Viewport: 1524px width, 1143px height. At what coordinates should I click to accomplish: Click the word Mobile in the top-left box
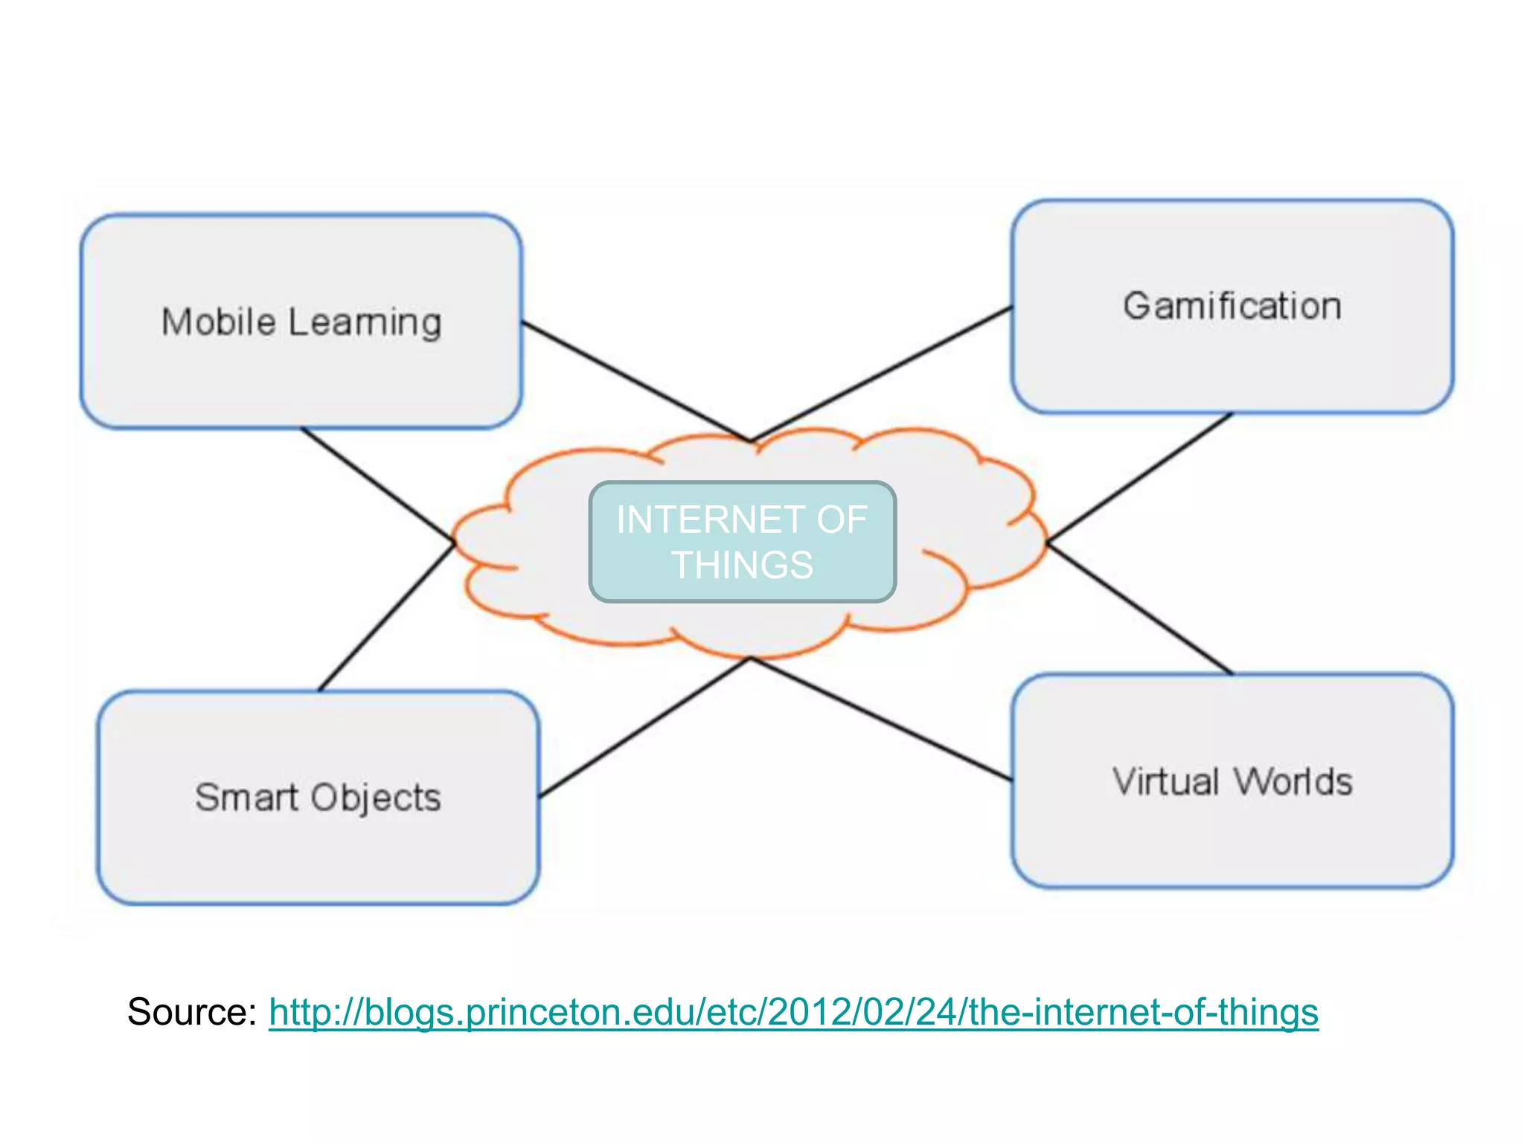point(218,322)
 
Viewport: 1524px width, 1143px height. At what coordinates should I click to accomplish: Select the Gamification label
point(1232,307)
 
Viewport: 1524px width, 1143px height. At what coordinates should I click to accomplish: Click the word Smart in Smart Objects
point(246,798)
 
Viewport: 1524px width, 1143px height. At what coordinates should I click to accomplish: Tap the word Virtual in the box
point(1165,782)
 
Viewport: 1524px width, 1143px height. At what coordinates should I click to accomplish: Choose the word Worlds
point(1293,782)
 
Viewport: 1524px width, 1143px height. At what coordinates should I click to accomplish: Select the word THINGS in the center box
point(742,565)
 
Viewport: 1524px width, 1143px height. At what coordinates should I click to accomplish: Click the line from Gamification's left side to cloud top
point(881,374)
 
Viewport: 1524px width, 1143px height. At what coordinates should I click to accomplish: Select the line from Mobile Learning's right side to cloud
point(635,382)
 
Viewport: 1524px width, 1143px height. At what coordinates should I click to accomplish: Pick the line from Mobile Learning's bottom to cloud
point(377,484)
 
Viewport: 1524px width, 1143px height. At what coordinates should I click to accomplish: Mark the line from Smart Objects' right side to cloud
point(644,728)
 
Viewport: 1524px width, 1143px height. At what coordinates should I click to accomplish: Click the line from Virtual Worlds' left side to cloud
point(882,720)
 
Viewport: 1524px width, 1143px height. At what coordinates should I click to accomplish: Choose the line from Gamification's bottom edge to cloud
point(1140,477)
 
